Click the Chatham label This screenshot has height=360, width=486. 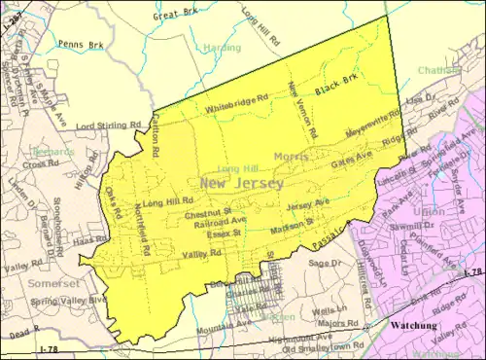click(x=440, y=70)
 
